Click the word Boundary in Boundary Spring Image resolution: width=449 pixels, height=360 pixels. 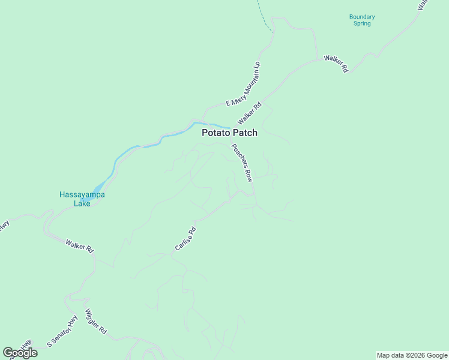click(x=362, y=17)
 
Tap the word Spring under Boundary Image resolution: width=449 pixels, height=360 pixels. click(x=362, y=24)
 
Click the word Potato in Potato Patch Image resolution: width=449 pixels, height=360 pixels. click(x=214, y=133)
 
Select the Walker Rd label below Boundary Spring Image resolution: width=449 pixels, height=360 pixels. click(x=336, y=63)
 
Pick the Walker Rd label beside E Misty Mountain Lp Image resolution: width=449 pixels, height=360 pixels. click(x=250, y=112)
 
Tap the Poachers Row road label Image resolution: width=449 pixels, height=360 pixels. click(x=242, y=163)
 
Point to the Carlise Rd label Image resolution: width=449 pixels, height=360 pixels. click(x=185, y=238)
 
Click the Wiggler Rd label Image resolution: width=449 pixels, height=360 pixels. click(x=96, y=322)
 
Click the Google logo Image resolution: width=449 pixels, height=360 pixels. click(x=20, y=353)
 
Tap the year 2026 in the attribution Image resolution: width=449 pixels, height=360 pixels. click(x=411, y=355)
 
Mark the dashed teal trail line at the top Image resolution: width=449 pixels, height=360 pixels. click(x=262, y=15)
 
